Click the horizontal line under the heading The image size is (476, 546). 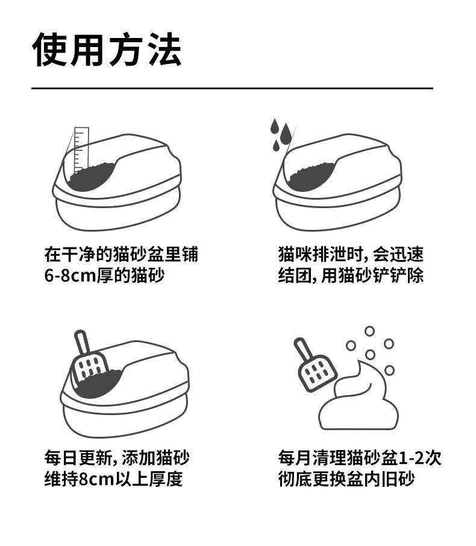[x=232, y=88]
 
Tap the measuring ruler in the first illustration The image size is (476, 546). [x=81, y=148]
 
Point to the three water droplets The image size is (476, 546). [x=280, y=135]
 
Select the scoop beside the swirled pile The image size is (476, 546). [x=314, y=365]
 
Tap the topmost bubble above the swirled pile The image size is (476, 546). [x=369, y=331]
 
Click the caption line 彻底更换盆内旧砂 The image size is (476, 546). [x=346, y=479]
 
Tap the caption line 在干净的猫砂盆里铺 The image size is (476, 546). [x=121, y=253]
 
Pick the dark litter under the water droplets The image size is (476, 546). [x=312, y=175]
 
